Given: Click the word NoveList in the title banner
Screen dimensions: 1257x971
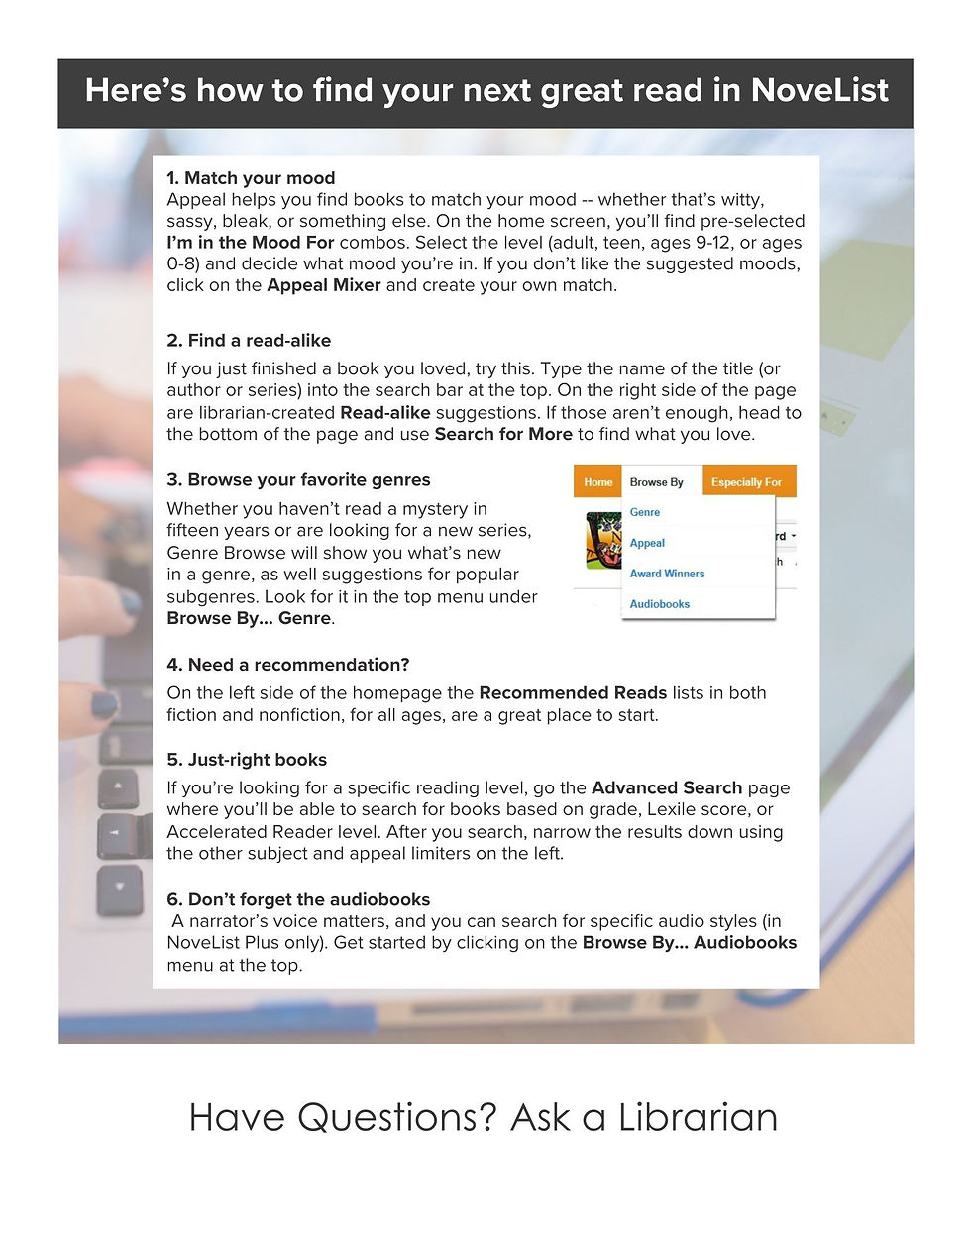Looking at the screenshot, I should click(x=819, y=90).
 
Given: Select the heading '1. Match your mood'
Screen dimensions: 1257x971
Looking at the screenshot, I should click(x=251, y=178).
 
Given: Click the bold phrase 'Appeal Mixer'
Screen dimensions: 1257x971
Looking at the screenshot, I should click(x=324, y=285).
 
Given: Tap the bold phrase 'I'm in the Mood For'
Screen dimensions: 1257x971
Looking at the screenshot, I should click(x=250, y=243).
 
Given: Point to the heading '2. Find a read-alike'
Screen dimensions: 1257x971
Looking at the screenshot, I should click(x=249, y=340).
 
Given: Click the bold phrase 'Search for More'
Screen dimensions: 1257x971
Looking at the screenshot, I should click(x=503, y=434).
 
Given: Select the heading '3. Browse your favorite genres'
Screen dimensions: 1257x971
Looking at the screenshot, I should click(x=298, y=479).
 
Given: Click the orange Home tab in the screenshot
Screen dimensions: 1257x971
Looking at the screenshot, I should click(x=597, y=482).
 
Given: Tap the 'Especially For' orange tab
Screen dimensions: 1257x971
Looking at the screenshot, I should click(x=746, y=482).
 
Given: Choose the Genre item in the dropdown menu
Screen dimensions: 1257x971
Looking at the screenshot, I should click(x=645, y=512).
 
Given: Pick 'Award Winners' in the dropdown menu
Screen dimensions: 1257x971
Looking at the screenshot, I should click(x=667, y=574).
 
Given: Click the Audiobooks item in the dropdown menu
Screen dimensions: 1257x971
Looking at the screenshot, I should click(x=659, y=604).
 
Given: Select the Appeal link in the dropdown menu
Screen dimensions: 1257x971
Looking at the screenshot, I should click(x=647, y=543).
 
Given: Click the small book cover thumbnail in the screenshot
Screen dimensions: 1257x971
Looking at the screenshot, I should click(x=602, y=540).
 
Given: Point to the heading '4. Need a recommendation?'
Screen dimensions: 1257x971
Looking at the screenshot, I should click(x=287, y=665).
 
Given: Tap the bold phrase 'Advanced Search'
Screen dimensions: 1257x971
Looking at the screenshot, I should click(x=666, y=788).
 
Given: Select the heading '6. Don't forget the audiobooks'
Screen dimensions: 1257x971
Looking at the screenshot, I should click(x=298, y=899).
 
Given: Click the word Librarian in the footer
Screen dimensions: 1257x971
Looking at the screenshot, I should click(x=698, y=1117).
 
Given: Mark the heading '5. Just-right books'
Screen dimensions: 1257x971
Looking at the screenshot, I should click(x=247, y=760).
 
